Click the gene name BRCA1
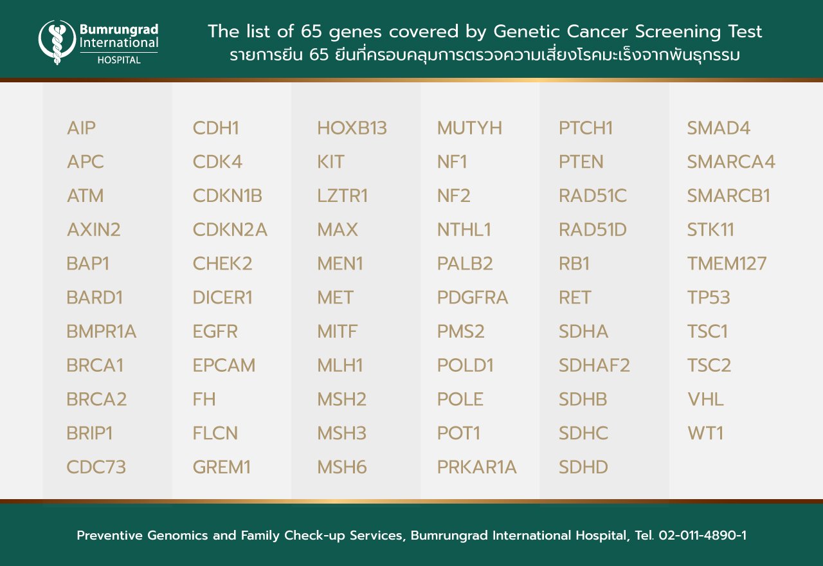pyautogui.click(x=95, y=365)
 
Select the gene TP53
pyautogui.click(x=709, y=297)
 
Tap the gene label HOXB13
pyautogui.click(x=352, y=128)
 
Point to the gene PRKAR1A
pyautogui.click(x=477, y=467)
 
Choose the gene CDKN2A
pyautogui.click(x=230, y=230)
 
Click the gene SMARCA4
pyautogui.click(x=731, y=161)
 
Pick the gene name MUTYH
pyautogui.click(x=469, y=128)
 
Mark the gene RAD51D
pyautogui.click(x=593, y=230)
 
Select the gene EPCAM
pyautogui.click(x=224, y=365)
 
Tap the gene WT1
pyautogui.click(x=705, y=433)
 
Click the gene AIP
pyautogui.click(x=81, y=128)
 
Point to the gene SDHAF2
pyautogui.click(x=594, y=365)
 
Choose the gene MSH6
pyautogui.click(x=341, y=467)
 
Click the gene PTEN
pyautogui.click(x=581, y=161)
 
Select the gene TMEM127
pyautogui.click(x=727, y=264)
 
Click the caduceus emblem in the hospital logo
pyautogui.click(x=57, y=42)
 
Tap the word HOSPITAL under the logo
pyautogui.click(x=119, y=60)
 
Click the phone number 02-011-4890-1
pyautogui.click(x=703, y=535)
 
